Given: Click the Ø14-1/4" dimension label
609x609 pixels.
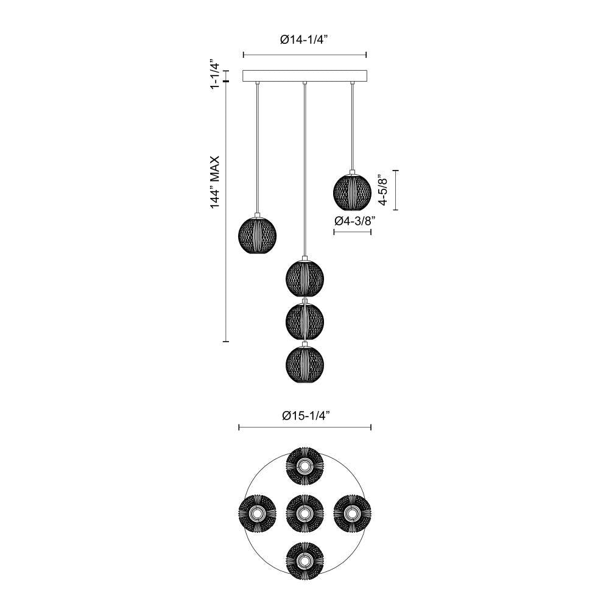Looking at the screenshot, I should [x=304, y=40].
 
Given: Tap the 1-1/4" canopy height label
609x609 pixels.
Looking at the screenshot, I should [x=214, y=75].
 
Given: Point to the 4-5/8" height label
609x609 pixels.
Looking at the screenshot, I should [x=382, y=189].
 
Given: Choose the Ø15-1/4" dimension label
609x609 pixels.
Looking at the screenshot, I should [x=305, y=416].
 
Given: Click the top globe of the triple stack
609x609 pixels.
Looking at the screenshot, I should [x=304, y=278].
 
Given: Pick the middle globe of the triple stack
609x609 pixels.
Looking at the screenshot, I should [x=304, y=319].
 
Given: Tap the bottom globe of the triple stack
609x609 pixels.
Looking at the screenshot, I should [x=304, y=364].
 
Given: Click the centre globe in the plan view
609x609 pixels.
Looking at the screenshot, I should [x=304, y=513].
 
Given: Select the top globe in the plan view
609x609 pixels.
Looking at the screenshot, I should [x=304, y=466].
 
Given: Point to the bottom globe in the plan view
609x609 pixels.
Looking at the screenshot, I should [x=304, y=559].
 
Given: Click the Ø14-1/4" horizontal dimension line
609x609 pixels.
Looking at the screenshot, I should [x=304, y=54].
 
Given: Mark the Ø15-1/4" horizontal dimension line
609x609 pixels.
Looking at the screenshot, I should [x=305, y=428].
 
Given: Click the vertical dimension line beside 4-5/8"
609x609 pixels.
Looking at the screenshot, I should [x=396, y=189].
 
